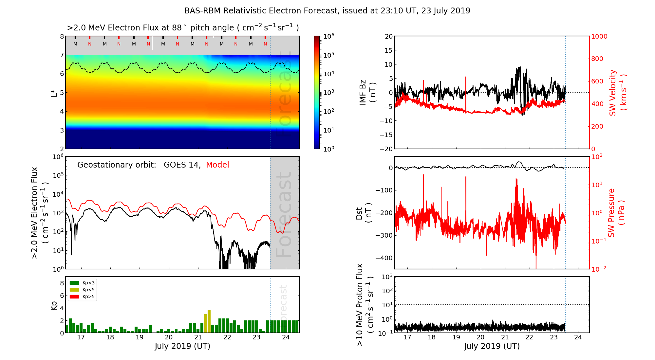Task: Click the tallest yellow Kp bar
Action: (x=209, y=321)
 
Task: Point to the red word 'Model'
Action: (x=217, y=165)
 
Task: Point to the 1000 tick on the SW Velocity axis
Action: (x=599, y=37)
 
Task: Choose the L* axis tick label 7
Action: (x=62, y=55)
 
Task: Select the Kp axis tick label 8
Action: (x=62, y=283)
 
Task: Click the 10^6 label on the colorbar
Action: (x=328, y=36)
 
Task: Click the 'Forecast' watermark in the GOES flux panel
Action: (x=284, y=214)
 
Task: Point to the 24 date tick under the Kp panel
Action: (x=286, y=337)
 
